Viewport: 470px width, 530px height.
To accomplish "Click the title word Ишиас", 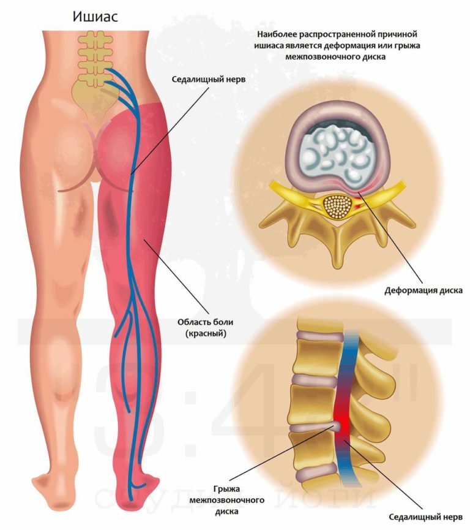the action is (x=95, y=17).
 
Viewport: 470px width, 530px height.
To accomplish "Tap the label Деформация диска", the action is (x=423, y=290).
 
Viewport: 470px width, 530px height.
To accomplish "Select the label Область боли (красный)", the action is (x=205, y=328).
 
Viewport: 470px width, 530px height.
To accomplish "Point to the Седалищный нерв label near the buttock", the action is (x=209, y=80).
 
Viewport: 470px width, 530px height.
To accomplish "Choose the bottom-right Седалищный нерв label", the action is (x=426, y=517).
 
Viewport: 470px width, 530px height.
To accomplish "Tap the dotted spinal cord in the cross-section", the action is (x=338, y=207).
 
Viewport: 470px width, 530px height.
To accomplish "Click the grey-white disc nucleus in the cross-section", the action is (x=335, y=152).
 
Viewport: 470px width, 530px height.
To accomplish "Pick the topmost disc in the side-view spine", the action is (x=319, y=336).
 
